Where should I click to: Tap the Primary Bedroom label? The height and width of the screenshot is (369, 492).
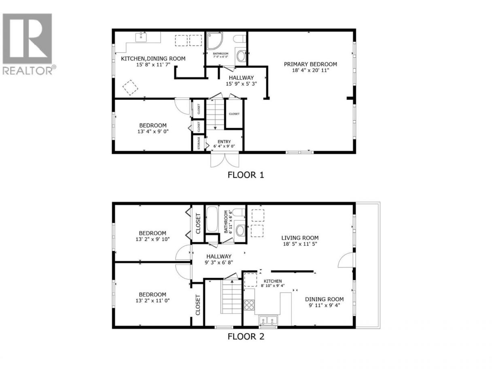pyautogui.click(x=310, y=64)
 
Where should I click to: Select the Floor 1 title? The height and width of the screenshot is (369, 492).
pyautogui.click(x=246, y=175)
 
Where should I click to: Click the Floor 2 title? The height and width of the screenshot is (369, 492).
pyautogui.click(x=246, y=343)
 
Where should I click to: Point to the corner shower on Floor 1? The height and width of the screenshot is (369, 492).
pyautogui.click(x=214, y=40)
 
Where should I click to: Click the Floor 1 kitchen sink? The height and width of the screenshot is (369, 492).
pyautogui.click(x=141, y=37)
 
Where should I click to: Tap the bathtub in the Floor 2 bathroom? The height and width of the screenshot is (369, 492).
pyautogui.click(x=212, y=219)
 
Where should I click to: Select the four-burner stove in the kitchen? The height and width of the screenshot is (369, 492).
pyautogui.click(x=249, y=305)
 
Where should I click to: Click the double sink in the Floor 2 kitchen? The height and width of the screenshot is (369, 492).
pyautogui.click(x=268, y=320)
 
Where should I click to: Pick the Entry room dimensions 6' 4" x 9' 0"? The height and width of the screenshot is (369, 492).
pyautogui.click(x=224, y=146)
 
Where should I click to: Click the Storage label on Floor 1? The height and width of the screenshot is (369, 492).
pyautogui.click(x=199, y=143)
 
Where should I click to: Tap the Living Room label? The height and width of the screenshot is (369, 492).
pyautogui.click(x=300, y=238)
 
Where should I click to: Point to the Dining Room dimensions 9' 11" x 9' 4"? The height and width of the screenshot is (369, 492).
pyautogui.click(x=324, y=305)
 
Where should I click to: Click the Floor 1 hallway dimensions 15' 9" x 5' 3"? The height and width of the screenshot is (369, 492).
pyautogui.click(x=241, y=84)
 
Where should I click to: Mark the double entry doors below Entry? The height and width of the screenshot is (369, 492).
pyautogui.click(x=225, y=159)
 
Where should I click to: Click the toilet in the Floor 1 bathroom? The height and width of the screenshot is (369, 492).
pyautogui.click(x=239, y=39)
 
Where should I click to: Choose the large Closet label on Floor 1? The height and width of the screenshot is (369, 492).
pyautogui.click(x=234, y=114)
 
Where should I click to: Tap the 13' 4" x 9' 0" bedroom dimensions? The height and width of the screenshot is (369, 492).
pyautogui.click(x=153, y=131)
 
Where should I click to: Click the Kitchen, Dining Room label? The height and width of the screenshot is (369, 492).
pyautogui.click(x=153, y=59)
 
